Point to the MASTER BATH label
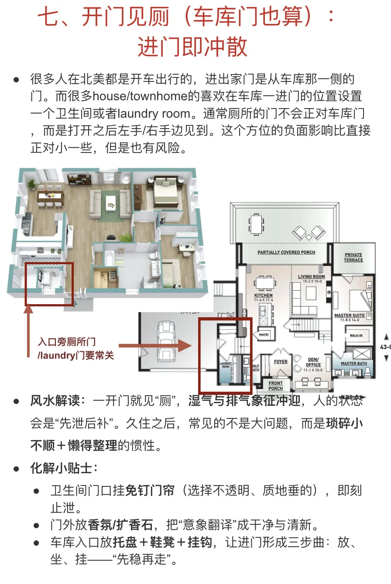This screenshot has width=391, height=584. pyautogui.click(x=354, y=363)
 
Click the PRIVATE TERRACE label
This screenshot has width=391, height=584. pyautogui.click(x=353, y=258)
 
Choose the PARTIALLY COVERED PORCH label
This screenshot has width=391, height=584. pyautogui.click(x=286, y=252)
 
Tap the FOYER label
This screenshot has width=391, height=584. pyautogui.click(x=281, y=362)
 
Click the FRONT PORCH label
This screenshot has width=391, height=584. pyautogui.click(x=275, y=386)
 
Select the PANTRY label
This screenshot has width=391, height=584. pyautogui.click(x=264, y=335)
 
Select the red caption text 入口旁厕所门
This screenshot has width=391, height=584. pyautogui.click(x=66, y=342)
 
